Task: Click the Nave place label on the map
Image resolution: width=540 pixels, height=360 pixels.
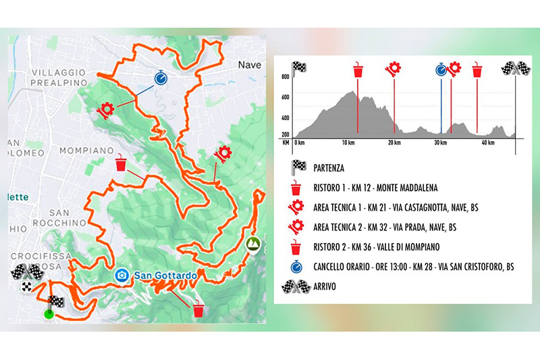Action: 249,65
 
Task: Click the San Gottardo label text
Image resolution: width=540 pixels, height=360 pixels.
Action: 165,276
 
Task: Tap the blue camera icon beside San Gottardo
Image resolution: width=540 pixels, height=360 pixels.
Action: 122,276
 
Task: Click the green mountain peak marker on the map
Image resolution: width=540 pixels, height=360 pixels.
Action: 253,243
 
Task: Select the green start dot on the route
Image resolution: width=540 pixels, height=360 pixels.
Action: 47,313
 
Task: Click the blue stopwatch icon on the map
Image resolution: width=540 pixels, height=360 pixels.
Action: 161,78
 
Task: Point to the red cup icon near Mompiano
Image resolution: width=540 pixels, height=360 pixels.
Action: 121,164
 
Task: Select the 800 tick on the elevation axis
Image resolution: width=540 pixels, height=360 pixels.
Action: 286,77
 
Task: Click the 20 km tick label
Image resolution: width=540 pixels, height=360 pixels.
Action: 396,143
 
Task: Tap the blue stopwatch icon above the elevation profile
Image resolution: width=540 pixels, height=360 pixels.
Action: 441,68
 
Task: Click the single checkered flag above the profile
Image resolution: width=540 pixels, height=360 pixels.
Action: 298,68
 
